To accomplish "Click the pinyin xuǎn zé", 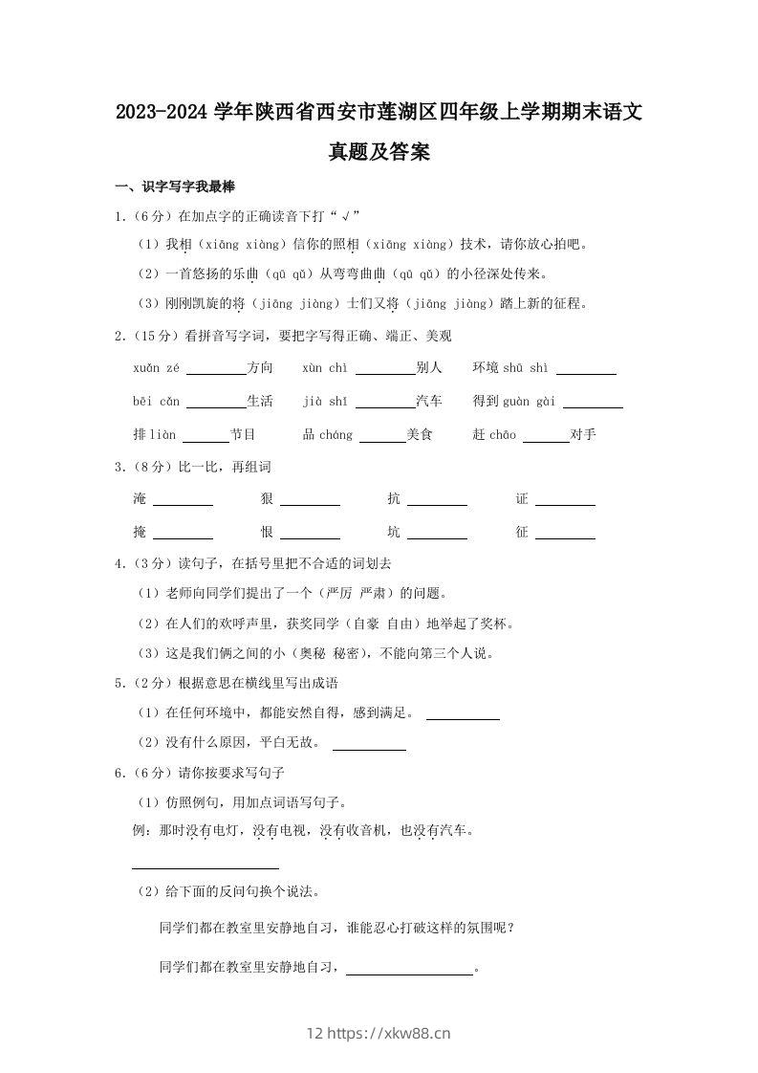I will pyautogui.click(x=156, y=367).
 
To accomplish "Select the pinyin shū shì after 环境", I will pyautogui.click(x=526, y=367).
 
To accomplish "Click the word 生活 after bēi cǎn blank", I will pyautogui.click(x=259, y=401).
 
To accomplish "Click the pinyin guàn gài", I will pyautogui.click(x=530, y=401).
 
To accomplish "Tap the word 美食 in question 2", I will pyautogui.click(x=420, y=434).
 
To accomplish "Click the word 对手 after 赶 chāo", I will pyautogui.click(x=583, y=434).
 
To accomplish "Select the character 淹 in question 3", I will pyautogui.click(x=141, y=498).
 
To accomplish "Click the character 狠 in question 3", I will pyautogui.click(x=267, y=498).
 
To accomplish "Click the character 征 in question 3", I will pyautogui.click(x=522, y=532).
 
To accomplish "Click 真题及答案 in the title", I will pyautogui.click(x=379, y=151).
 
